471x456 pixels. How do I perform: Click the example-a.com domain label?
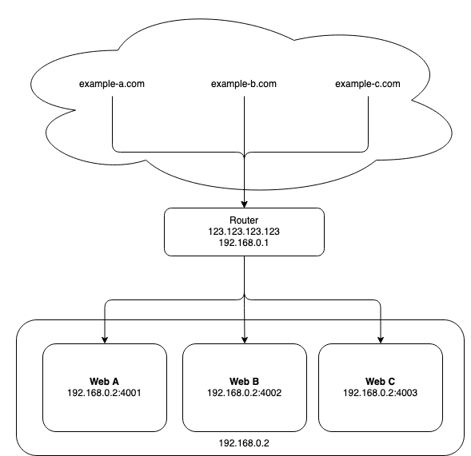(112, 84)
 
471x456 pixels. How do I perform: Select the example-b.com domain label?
(243, 84)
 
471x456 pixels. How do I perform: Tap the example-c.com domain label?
(368, 84)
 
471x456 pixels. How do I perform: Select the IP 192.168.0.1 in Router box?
(244, 244)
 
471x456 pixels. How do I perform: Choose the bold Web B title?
(244, 382)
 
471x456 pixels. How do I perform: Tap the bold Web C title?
(380, 382)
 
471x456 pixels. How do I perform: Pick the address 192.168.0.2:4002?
(244, 393)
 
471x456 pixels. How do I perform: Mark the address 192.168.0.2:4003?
(380, 393)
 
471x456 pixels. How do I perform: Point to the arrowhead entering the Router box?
(244, 204)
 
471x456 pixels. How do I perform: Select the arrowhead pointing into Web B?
(244, 339)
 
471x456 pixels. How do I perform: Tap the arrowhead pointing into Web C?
(380, 339)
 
